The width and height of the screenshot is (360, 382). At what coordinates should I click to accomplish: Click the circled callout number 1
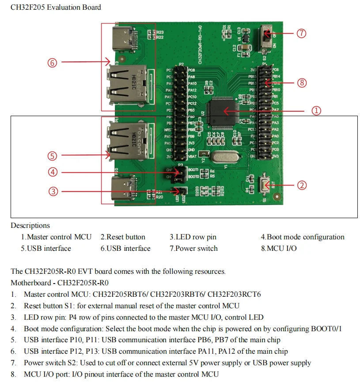click(x=317, y=111)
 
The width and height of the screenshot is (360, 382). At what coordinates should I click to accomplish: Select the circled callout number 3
click(x=53, y=191)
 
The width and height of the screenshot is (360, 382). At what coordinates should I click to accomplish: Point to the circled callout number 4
click(x=53, y=172)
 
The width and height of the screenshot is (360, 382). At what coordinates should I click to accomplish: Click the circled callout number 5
click(x=53, y=155)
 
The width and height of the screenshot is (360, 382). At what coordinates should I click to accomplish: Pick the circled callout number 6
click(x=53, y=63)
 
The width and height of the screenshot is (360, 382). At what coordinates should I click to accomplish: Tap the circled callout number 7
click(x=301, y=34)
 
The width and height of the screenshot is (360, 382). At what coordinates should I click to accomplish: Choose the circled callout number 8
click(x=302, y=83)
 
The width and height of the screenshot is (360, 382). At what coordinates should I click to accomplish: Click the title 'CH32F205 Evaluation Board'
click(x=56, y=7)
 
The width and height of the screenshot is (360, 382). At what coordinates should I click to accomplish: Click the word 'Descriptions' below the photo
click(x=30, y=226)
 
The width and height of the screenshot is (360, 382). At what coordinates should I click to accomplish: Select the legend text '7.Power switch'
click(x=193, y=248)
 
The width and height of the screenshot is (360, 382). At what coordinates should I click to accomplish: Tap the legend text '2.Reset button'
click(x=123, y=237)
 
